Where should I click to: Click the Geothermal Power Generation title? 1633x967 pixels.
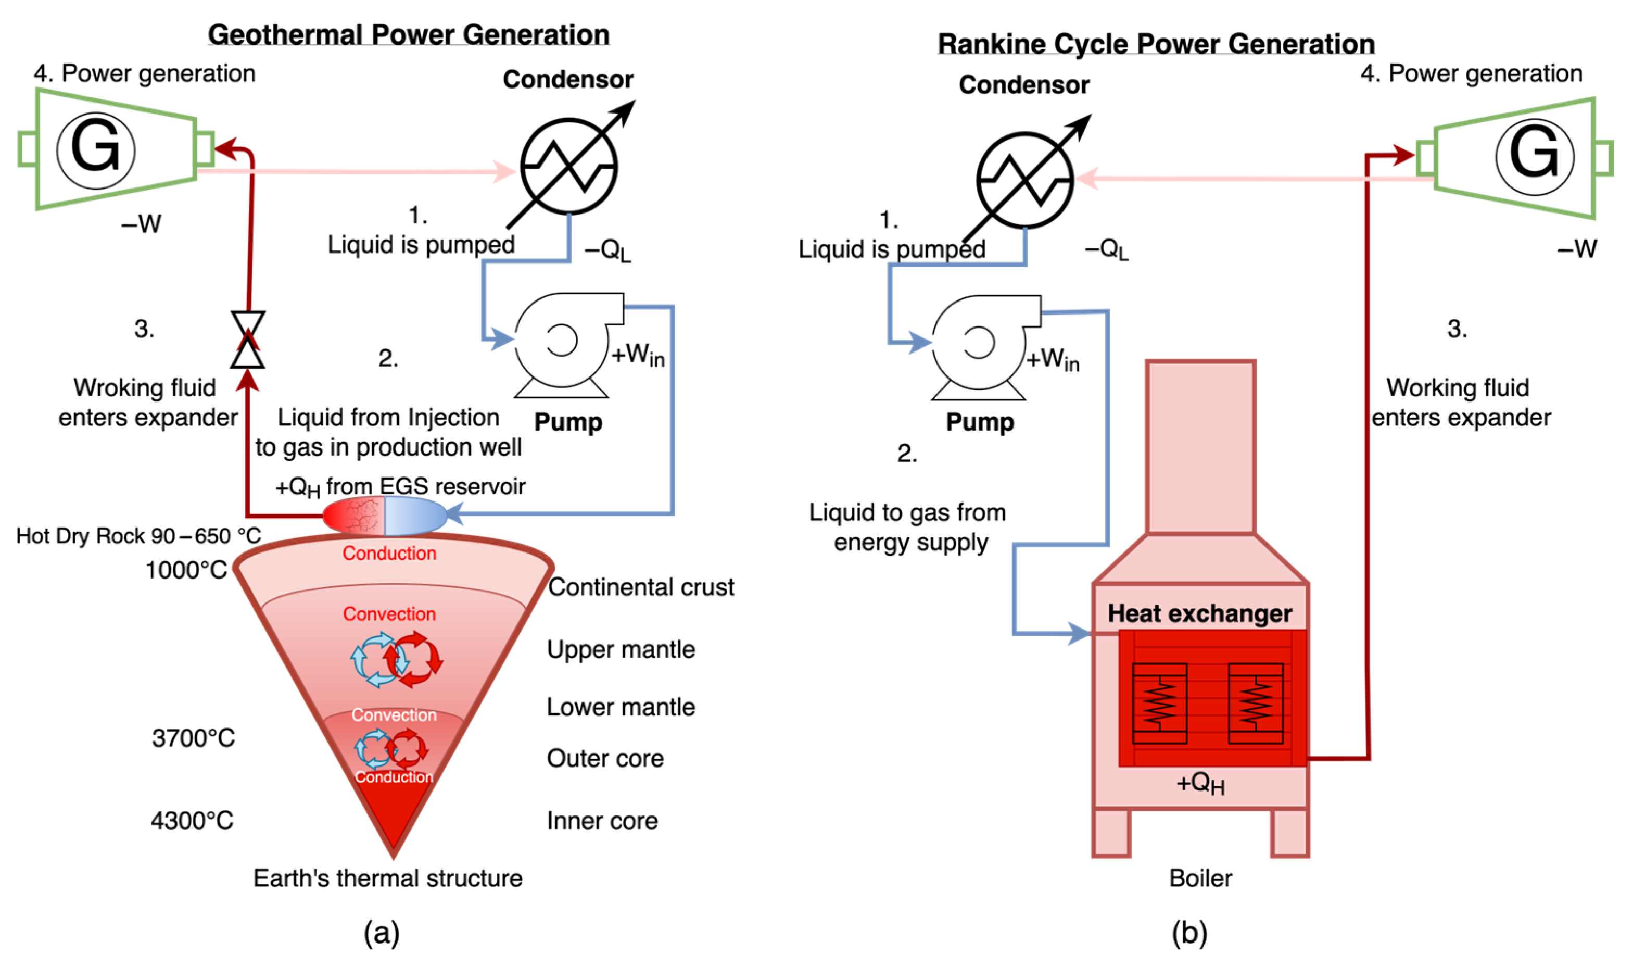[x=409, y=34]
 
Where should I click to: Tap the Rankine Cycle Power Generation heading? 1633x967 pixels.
[x=1156, y=44]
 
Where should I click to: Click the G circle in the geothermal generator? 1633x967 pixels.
[x=96, y=150]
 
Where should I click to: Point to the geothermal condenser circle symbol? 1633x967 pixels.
[x=568, y=166]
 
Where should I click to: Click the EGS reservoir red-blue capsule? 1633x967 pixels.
[x=384, y=516]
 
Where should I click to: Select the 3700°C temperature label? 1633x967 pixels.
[x=194, y=738]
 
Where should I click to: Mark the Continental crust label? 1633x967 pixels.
[x=641, y=587]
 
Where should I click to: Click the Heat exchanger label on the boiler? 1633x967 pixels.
[x=1200, y=613]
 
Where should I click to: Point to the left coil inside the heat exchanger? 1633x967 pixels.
[x=1159, y=703]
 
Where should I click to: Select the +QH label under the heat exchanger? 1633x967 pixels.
[x=1200, y=783]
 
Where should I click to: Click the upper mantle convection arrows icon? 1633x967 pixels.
[x=397, y=659]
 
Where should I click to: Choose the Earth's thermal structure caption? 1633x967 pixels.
[x=388, y=878]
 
